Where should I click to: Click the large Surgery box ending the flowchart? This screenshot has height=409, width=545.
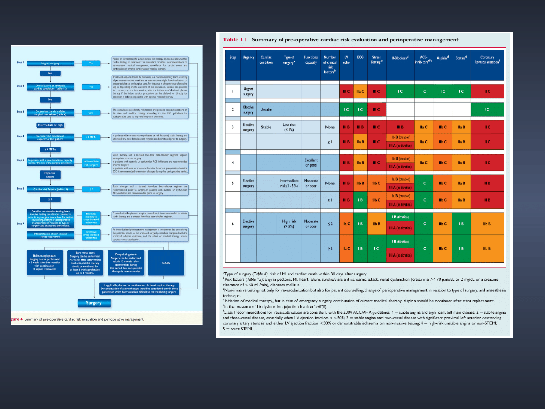94,303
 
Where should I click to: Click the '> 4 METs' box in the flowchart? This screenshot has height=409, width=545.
91,137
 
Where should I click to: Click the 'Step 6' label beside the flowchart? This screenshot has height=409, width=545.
20,188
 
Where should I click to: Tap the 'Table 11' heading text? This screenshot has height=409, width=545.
235,39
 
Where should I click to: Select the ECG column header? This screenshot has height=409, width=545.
360,57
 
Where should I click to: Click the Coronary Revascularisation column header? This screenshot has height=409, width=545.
487,60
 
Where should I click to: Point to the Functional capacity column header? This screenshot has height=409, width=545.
311,60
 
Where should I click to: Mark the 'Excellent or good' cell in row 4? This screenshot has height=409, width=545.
311,163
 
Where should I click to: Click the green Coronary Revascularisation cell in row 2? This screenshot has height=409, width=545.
487,109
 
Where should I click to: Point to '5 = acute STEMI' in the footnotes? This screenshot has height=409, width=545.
236,329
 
